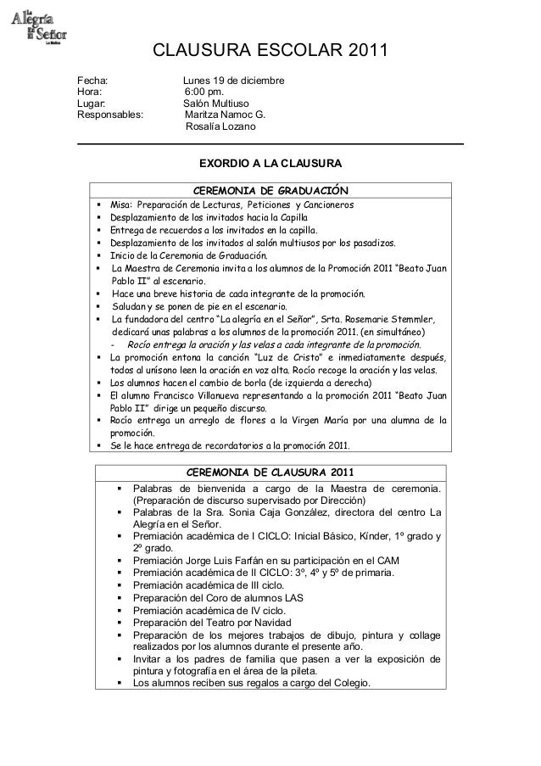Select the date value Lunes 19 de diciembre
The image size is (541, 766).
pyautogui.click(x=234, y=81)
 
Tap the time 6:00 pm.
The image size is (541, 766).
pyautogui.click(x=204, y=92)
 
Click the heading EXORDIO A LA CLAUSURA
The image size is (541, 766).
pyautogui.click(x=270, y=162)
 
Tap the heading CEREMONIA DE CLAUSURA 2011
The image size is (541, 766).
pyautogui.click(x=270, y=472)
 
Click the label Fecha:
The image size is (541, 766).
pyautogui.click(x=92, y=81)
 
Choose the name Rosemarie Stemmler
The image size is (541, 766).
pyautogui.click(x=393, y=319)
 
